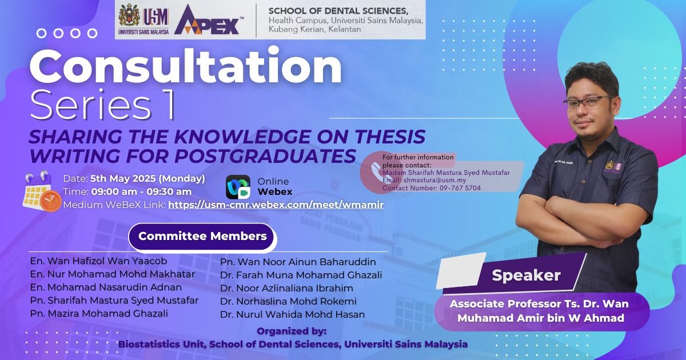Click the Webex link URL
[276, 205]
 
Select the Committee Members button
[202, 236]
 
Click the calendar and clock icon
[42, 191]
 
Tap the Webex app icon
[238, 187]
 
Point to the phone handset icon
[376, 171]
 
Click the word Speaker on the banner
[526, 275]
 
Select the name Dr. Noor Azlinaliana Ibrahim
[286, 288]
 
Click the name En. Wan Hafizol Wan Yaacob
[98, 261]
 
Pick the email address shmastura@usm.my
[434, 181]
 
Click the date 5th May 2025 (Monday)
[147, 178]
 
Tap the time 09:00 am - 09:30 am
[142, 191]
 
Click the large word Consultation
[186, 66]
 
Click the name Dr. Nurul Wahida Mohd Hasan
[293, 314]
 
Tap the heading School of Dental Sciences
[338, 11]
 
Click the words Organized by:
[292, 331]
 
